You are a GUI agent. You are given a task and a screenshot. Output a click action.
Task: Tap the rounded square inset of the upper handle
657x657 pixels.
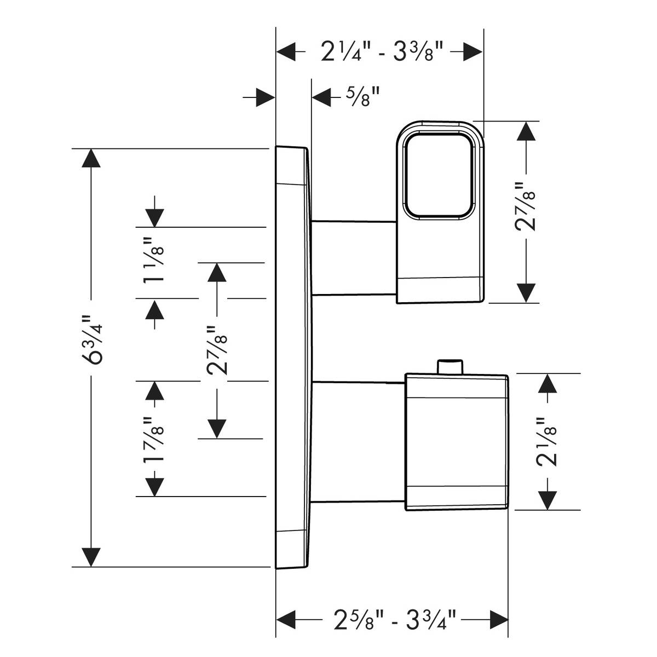[x=439, y=178]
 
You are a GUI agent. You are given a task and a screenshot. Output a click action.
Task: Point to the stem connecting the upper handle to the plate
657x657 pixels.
[x=353, y=258]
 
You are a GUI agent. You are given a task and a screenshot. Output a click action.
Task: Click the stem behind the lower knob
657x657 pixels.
[x=359, y=441]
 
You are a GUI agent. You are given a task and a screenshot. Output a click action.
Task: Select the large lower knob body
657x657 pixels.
[x=456, y=442]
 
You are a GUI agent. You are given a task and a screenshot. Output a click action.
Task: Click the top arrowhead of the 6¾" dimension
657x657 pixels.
[x=91, y=159]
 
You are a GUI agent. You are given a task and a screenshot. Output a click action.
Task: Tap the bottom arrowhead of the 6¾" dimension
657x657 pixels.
[x=91, y=557]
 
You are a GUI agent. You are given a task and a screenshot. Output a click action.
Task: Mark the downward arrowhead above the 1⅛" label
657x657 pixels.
[x=155, y=217]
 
